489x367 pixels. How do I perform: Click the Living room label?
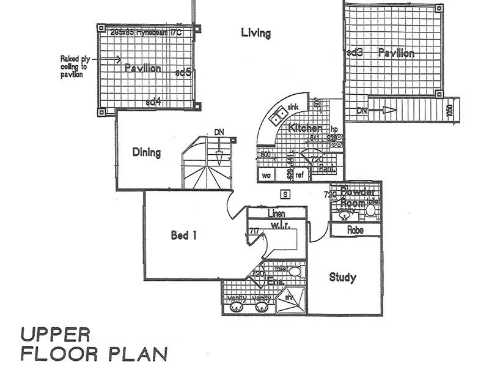tap(256, 33)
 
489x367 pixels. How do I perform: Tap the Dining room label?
tap(147, 152)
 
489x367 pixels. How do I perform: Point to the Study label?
tap(342, 277)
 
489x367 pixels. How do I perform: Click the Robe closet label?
tap(355, 231)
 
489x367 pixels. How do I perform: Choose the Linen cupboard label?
tap(277, 213)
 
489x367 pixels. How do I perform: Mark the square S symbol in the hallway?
tap(284, 195)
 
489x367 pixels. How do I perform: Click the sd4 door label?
tap(153, 102)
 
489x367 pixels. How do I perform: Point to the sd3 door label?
tap(355, 53)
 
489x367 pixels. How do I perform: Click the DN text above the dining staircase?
tap(219, 132)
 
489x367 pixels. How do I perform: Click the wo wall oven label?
tap(267, 176)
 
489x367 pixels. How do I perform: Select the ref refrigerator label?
tap(300, 176)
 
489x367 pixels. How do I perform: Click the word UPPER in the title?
tap(56, 335)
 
